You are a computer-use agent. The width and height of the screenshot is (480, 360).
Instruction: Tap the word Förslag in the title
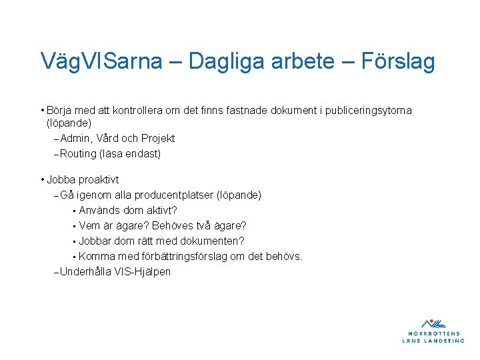397,61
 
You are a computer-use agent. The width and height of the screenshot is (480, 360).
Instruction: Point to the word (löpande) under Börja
68,123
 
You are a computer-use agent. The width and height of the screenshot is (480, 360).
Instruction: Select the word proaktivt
99,180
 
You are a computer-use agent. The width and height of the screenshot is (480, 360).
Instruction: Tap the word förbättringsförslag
170,257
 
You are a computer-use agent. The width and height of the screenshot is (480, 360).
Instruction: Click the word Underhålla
85,272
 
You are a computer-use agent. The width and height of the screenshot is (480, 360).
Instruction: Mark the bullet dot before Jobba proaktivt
42,180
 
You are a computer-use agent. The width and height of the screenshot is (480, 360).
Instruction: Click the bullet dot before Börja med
42,110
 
